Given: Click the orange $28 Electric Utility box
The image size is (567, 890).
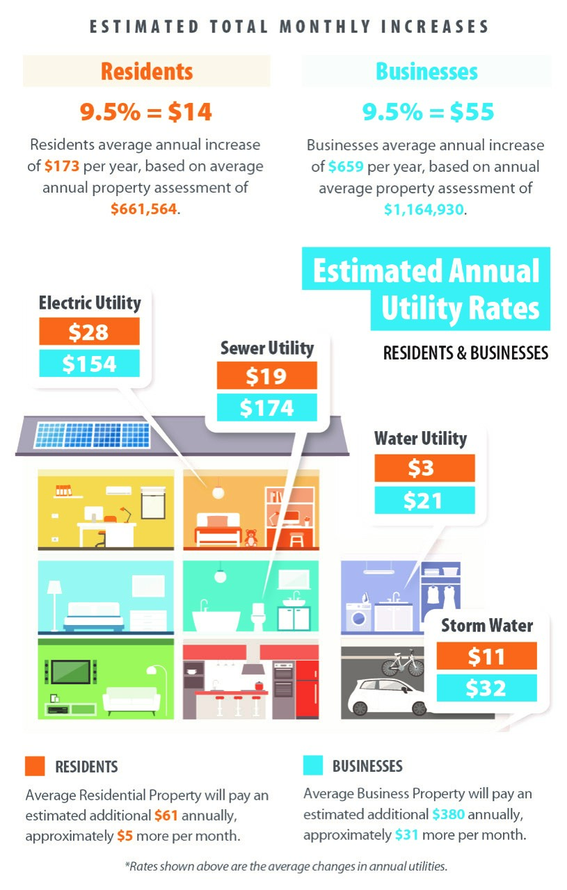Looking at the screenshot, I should coord(89,332).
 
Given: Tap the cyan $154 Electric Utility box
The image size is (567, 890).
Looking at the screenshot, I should coord(89,364).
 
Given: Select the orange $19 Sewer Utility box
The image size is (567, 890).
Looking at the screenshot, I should coord(266,375).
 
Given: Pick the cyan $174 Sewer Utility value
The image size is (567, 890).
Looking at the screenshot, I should coord(266,407).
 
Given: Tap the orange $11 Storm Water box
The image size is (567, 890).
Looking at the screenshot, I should coord(486,656).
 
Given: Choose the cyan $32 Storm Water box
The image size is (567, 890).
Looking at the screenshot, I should coord(486,688).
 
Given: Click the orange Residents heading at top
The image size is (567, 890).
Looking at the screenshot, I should coord(146,72).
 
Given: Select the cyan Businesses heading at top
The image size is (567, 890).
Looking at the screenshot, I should coord(426,72).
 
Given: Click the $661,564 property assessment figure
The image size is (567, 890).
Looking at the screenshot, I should coord(143,209).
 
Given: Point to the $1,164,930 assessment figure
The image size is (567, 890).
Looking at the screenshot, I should coord(423,209).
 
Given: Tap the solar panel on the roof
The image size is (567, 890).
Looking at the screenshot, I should coord(93,435).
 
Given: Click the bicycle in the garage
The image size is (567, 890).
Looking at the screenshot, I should coord(402,663).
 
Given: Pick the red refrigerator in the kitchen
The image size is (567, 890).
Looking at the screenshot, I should coord(307,688).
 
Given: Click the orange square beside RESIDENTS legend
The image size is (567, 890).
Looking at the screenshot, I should coord(35,766).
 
